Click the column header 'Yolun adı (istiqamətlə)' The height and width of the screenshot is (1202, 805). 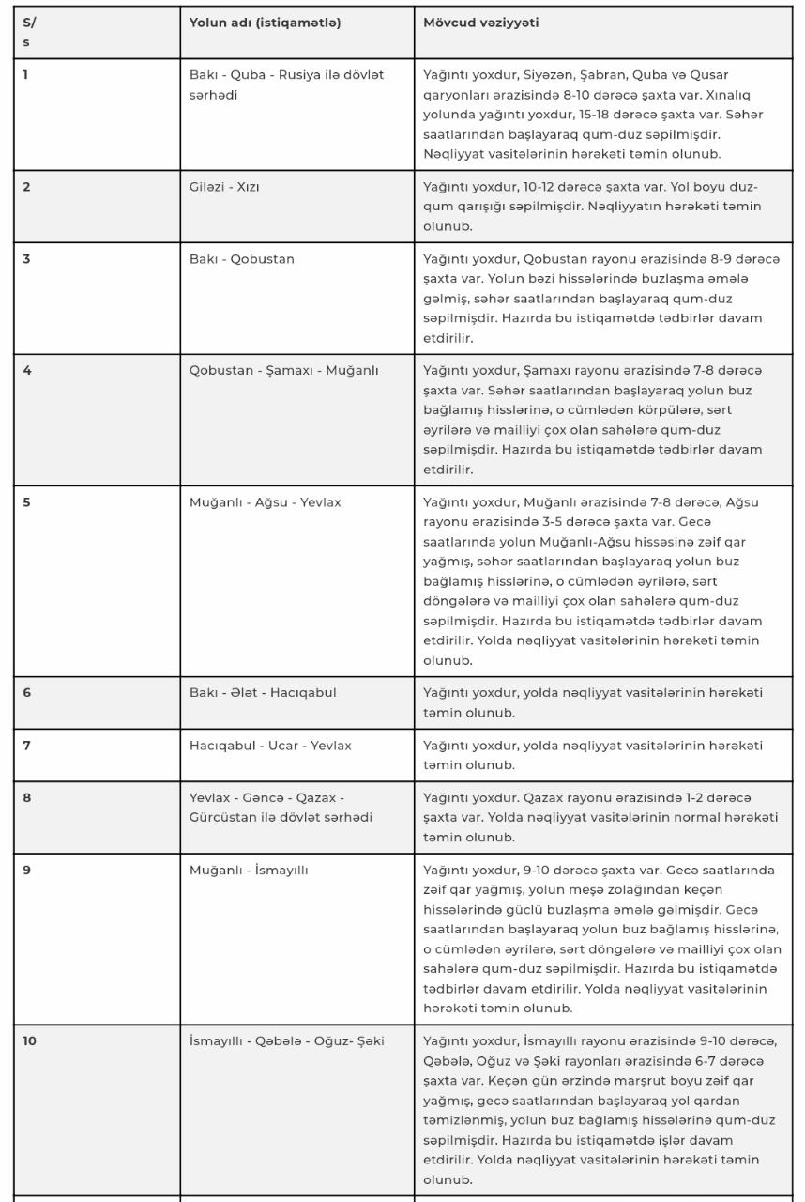265,23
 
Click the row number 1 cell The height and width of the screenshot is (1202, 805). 26,74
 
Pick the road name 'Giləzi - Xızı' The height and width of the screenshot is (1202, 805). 224,186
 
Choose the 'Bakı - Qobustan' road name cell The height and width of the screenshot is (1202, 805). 241,259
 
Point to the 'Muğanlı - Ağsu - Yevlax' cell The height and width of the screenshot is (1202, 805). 265,502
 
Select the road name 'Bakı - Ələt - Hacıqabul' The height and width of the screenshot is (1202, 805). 262,693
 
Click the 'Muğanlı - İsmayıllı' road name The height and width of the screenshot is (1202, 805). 249,870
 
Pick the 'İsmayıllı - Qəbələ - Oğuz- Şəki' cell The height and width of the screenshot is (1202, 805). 286,1040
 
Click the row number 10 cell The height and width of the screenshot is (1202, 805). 30,1040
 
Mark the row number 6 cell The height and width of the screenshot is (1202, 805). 27,693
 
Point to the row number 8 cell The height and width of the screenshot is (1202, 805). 27,798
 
